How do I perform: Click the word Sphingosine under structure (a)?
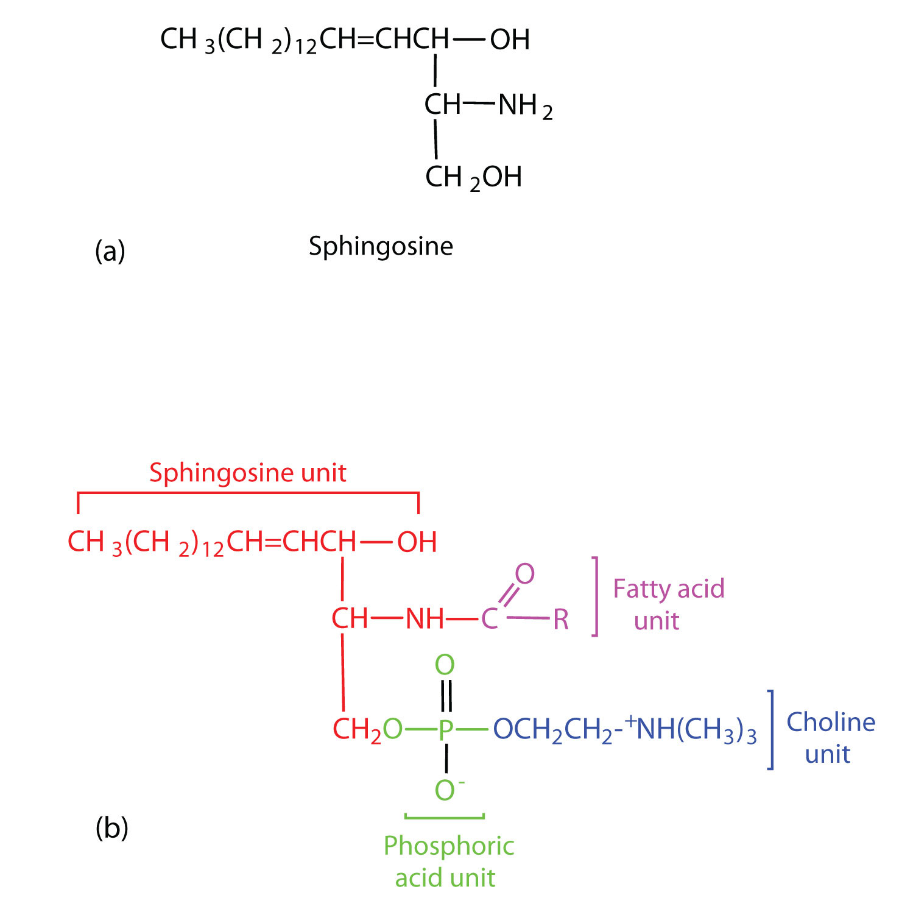[x=381, y=247]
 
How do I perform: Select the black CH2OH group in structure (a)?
[x=473, y=177]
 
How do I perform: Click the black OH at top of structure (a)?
[x=510, y=40]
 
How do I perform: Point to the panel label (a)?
[x=110, y=251]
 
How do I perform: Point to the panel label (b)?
[x=111, y=828]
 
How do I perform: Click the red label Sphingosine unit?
[x=248, y=473]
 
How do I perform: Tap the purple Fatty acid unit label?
[x=668, y=604]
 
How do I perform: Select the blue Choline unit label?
[x=830, y=738]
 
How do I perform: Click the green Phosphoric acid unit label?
[x=448, y=861]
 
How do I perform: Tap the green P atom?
[x=446, y=729]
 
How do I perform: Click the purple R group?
[x=561, y=620]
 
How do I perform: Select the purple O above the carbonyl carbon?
[x=524, y=573]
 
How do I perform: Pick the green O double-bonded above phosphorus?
[x=445, y=665]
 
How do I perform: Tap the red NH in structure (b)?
[x=425, y=619]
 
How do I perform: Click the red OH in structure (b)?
[x=417, y=542]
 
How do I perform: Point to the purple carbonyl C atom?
[x=490, y=620]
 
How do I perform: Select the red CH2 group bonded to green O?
[x=357, y=729]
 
